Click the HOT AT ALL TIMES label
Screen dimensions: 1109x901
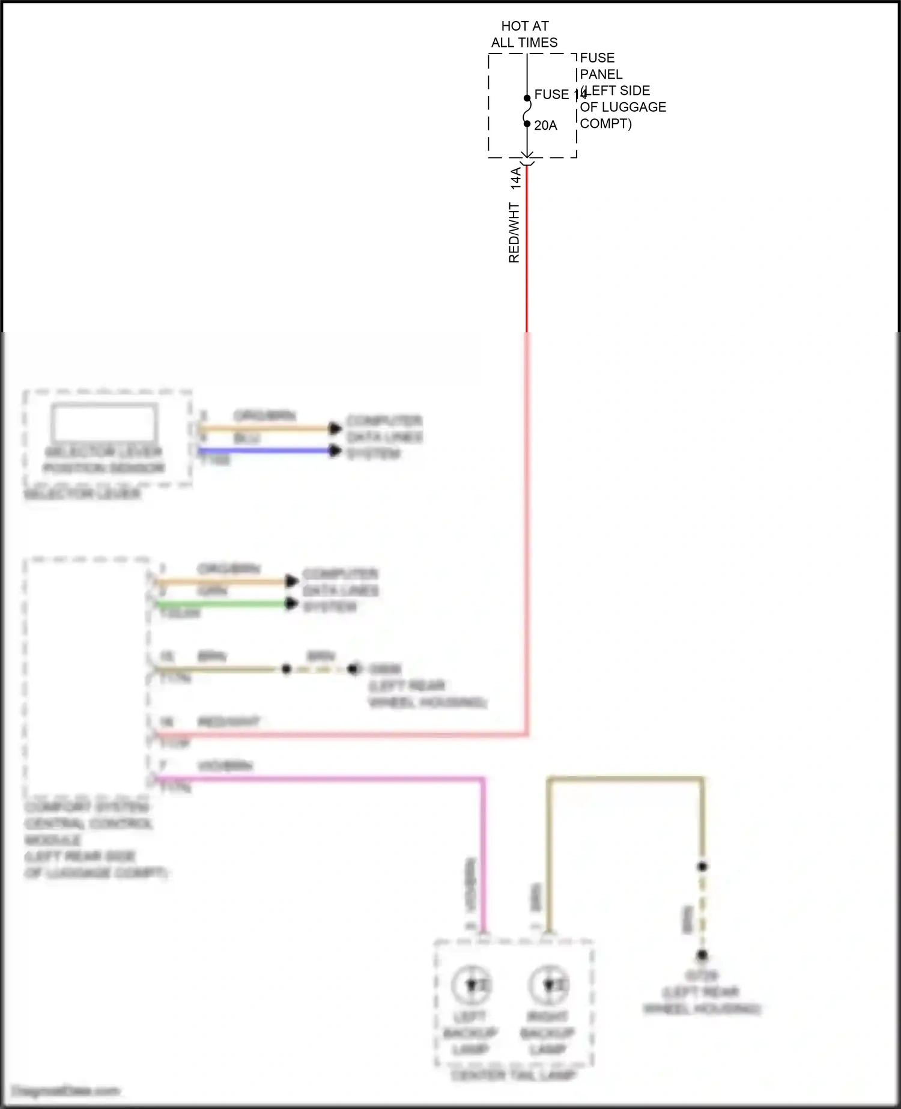(524, 34)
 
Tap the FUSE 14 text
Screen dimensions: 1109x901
(559, 94)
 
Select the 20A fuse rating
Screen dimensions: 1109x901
(545, 126)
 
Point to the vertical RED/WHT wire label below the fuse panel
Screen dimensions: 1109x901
(514, 232)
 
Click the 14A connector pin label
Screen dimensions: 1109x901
(516, 178)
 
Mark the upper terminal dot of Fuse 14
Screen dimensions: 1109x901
(527, 98)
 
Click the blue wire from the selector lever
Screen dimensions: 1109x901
(264, 451)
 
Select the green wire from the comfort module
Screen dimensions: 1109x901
(222, 603)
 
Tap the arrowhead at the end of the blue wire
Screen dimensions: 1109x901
(335, 451)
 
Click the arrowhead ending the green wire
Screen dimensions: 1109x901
(292, 603)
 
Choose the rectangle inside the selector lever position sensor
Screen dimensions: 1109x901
(105, 422)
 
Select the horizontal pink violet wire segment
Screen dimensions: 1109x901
(318, 780)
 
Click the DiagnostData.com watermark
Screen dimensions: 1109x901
(66, 1090)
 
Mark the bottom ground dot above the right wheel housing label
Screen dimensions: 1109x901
(702, 955)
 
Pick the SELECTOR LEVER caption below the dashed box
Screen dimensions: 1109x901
(82, 494)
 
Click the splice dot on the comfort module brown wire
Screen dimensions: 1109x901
(287, 669)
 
